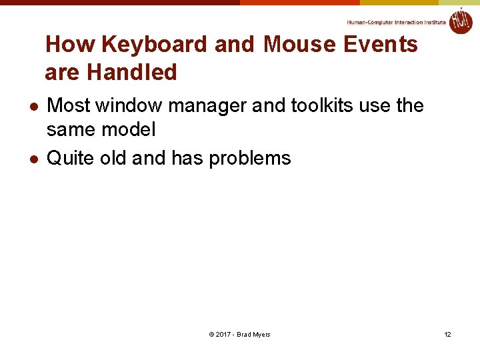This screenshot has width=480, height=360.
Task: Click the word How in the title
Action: [x=70, y=45]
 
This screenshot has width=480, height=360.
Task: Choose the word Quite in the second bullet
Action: [x=70, y=158]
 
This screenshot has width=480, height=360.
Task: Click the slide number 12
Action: [x=447, y=334]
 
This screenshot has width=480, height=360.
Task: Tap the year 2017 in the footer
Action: [x=223, y=334]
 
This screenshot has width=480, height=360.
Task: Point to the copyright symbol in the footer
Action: [x=211, y=334]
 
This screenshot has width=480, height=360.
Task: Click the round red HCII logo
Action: [x=460, y=21]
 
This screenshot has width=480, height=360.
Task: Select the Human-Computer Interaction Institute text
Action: [x=396, y=22]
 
